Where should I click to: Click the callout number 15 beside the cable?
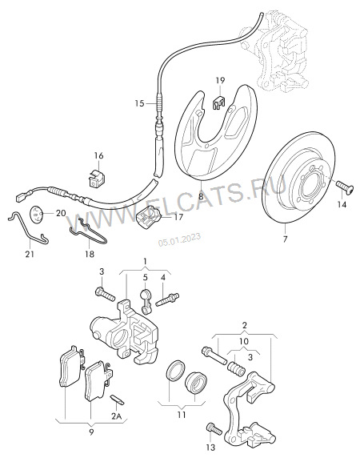(x=139, y=103)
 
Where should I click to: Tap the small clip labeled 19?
(x=219, y=102)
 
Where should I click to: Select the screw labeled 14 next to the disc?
(x=345, y=186)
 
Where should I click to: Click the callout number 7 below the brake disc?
(x=285, y=239)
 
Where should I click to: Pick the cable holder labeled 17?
(x=149, y=217)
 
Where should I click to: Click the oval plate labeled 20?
(x=37, y=215)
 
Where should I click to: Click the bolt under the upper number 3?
(x=105, y=294)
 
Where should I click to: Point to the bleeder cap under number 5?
(x=145, y=301)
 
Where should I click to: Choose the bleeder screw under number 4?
(x=167, y=300)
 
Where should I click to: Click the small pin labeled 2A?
(x=118, y=400)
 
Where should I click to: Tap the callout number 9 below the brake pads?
(x=91, y=432)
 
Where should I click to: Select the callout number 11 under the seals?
(x=182, y=414)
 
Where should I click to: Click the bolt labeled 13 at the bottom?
(x=214, y=429)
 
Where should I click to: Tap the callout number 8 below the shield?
(x=201, y=196)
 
